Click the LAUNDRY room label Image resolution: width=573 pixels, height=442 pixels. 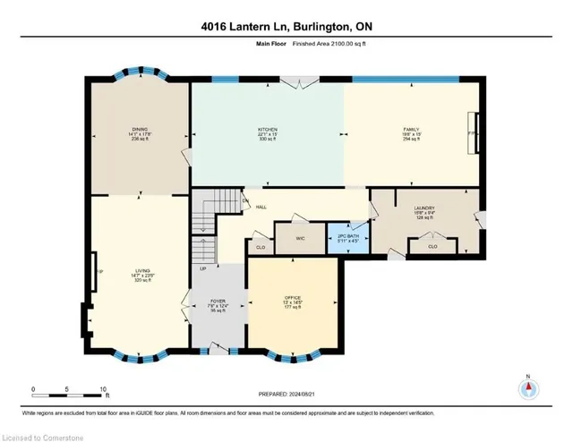(425, 208)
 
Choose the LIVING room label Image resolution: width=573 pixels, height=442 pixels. (141, 268)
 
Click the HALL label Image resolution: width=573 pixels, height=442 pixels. (260, 207)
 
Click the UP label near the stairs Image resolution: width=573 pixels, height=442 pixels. (202, 268)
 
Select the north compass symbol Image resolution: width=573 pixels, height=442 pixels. (529, 389)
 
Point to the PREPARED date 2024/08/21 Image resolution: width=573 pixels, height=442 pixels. (286, 391)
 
